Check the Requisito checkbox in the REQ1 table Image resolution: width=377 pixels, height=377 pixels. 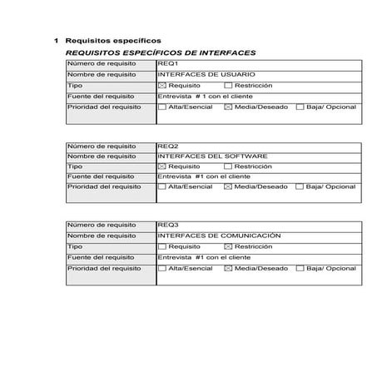point(162,85)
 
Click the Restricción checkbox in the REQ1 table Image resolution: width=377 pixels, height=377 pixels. point(228,85)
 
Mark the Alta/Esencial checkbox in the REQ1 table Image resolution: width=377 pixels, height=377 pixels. point(162,107)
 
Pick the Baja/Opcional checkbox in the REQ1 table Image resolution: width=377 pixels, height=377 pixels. point(300,107)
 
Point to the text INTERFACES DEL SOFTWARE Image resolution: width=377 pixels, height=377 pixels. point(212,156)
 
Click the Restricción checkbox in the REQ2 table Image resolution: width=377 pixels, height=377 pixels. point(228,166)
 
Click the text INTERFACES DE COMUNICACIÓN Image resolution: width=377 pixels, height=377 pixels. point(219,236)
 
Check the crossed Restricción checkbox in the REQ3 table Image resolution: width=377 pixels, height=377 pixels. point(228,247)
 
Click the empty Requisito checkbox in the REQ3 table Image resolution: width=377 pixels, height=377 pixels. point(162,247)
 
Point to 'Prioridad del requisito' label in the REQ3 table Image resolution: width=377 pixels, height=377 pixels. point(104,268)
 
